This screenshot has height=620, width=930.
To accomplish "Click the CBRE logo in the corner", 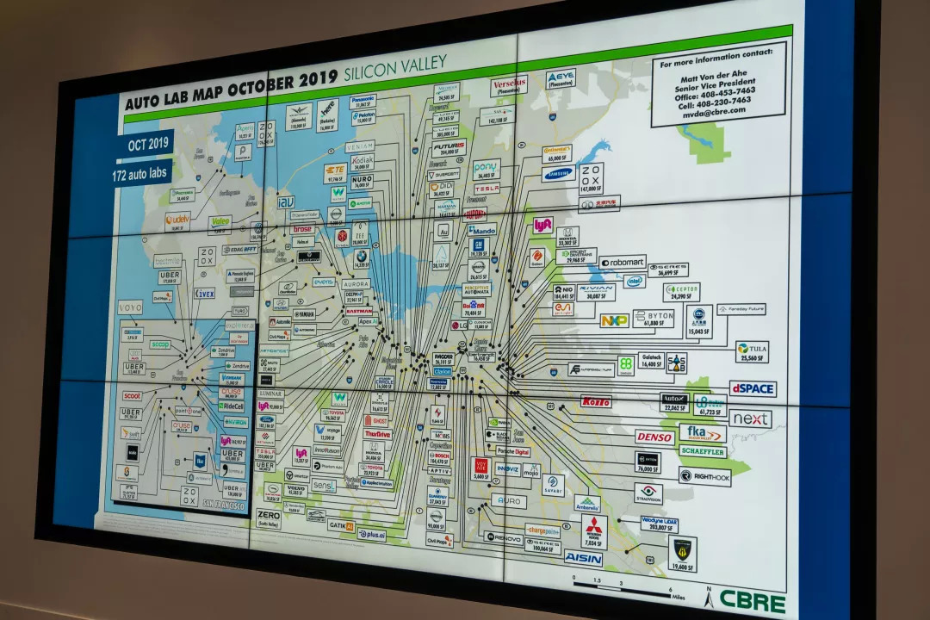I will pyautogui.click(x=752, y=601).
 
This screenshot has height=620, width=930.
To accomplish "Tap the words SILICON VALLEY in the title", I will pyautogui.click(x=395, y=68).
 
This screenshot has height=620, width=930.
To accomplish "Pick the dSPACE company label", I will pyautogui.click(x=753, y=388).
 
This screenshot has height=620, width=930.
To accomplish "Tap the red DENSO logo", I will pyautogui.click(x=654, y=437).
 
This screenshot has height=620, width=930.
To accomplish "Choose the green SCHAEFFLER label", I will pyautogui.click(x=703, y=451).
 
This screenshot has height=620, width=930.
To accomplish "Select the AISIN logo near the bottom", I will pyautogui.click(x=583, y=558).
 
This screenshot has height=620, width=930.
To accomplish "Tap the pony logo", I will pyautogui.click(x=486, y=166).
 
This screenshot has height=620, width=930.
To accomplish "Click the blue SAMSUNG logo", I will pyautogui.click(x=558, y=174).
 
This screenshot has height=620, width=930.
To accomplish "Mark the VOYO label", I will pyautogui.click(x=130, y=307).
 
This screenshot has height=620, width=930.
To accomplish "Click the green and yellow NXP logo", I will pyautogui.click(x=614, y=320).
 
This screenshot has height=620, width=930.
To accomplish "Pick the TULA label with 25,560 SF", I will pyautogui.click(x=752, y=351).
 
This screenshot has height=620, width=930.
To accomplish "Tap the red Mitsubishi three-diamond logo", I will pyautogui.click(x=594, y=527).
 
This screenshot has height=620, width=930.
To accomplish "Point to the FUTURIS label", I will pyautogui.click(x=449, y=148).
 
